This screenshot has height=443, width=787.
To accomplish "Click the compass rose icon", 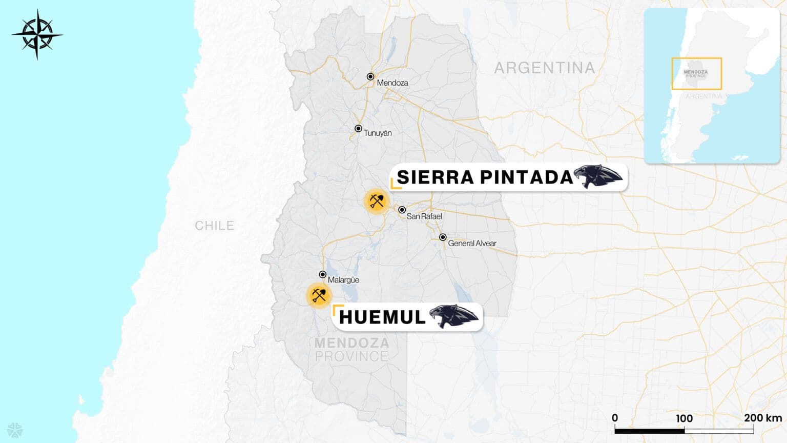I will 37,35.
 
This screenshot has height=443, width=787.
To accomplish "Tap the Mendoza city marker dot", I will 370,76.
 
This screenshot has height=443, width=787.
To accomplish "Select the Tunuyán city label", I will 378,133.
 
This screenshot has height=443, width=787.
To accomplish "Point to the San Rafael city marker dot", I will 402,210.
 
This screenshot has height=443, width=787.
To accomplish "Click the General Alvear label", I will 472,244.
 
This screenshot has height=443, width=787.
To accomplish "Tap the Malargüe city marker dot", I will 323,274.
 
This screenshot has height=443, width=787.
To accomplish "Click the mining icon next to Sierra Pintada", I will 377,200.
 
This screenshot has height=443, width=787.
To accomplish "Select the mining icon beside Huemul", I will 319,295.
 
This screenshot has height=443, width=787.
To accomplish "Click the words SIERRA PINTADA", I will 485,177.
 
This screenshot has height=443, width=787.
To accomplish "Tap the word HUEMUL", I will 382,317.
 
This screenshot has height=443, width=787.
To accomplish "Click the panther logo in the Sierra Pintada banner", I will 598,177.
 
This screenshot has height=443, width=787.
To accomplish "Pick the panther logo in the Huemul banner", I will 453,316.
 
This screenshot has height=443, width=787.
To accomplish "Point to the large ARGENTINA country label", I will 545,68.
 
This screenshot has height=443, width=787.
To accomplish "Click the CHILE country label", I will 214,226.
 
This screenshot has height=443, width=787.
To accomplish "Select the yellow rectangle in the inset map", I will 696,74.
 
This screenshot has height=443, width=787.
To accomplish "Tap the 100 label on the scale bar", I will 684,418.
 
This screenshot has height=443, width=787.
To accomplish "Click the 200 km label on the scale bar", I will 762,418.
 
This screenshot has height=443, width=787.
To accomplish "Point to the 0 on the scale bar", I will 615,418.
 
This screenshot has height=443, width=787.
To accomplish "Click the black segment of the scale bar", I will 649,431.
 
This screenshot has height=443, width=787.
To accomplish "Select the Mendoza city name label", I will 392,83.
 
